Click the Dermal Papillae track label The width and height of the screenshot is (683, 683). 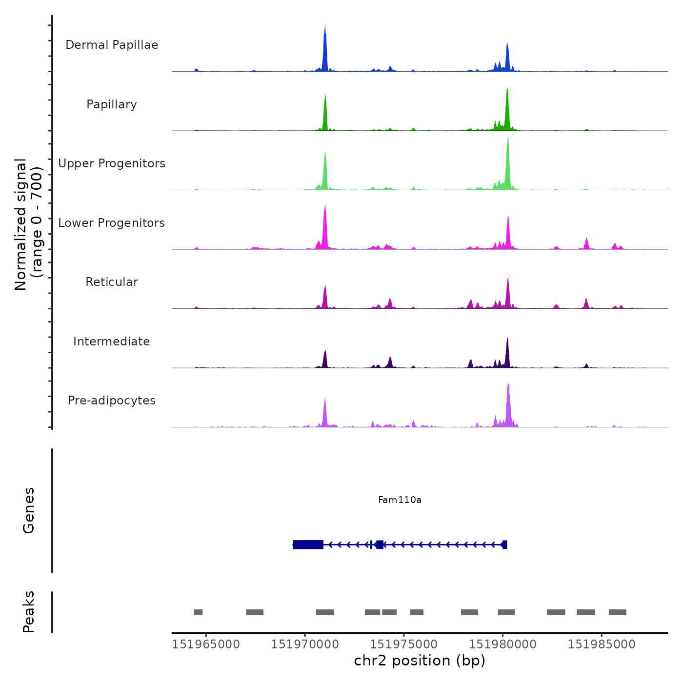click(112, 45)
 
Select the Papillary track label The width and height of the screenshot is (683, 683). click(112, 104)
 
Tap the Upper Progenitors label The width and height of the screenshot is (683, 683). click(112, 163)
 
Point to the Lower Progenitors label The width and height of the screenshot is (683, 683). click(112, 223)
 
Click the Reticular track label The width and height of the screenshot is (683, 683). click(112, 282)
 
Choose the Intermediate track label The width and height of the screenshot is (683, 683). click(112, 341)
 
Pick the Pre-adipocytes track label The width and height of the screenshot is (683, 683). click(112, 401)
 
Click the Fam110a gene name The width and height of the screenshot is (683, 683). click(400, 500)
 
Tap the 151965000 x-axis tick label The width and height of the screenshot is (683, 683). click(206, 644)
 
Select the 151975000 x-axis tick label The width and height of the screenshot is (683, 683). click(404, 644)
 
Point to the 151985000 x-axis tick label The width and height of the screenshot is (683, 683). click(602, 644)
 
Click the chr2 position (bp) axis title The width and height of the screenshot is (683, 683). click(420, 661)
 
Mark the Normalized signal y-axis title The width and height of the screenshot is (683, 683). click(28, 224)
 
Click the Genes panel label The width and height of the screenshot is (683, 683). click(29, 510)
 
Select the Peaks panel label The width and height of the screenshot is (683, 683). click(29, 612)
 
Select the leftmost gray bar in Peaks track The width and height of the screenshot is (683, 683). click(198, 612)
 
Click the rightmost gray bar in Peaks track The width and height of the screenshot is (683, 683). click(617, 612)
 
